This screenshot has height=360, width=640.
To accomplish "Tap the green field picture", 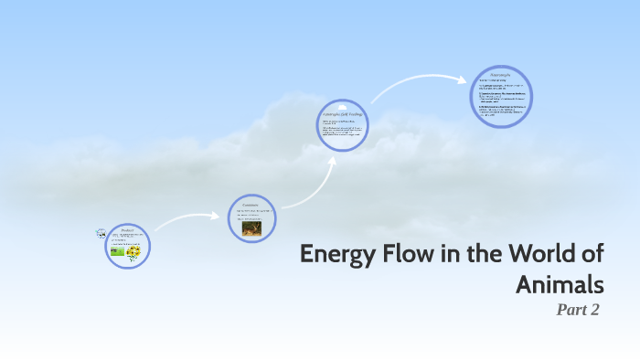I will click(117, 249).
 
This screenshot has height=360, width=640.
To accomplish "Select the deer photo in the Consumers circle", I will click(251, 228).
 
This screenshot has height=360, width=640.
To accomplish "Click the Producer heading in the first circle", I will click(127, 230).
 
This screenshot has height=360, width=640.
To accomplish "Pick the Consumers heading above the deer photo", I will click(251, 204).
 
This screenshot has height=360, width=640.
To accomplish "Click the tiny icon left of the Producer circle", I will click(101, 235).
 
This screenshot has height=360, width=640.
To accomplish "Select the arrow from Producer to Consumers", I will click(188, 219).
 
